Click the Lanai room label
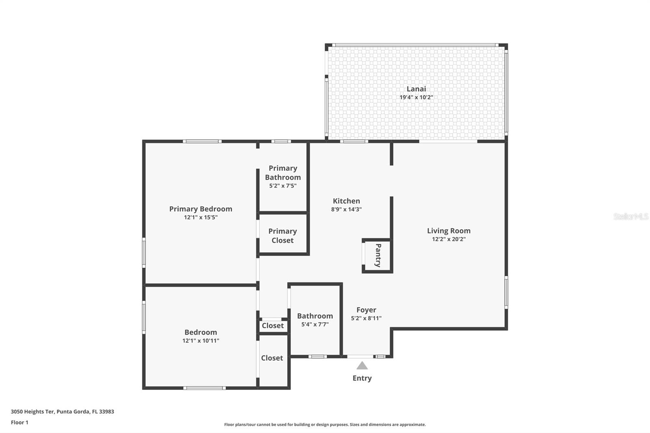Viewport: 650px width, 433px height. pyautogui.click(x=416, y=89)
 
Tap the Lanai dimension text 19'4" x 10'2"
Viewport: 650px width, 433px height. pyautogui.click(x=416, y=97)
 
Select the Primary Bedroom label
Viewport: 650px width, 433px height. pyautogui.click(x=201, y=209)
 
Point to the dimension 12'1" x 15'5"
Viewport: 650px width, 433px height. pyautogui.click(x=201, y=217)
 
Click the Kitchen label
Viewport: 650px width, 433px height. pyautogui.click(x=346, y=201)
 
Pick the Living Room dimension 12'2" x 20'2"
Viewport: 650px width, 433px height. pyautogui.click(x=448, y=239)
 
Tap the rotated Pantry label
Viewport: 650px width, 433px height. pyautogui.click(x=378, y=255)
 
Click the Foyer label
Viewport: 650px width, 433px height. pyautogui.click(x=366, y=310)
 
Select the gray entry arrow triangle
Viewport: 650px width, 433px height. pyautogui.click(x=362, y=366)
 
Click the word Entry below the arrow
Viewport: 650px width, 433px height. pyautogui.click(x=362, y=378)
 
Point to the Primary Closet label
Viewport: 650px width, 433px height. pyautogui.click(x=282, y=236)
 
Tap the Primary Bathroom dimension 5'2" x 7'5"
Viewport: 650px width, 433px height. pyautogui.click(x=283, y=186)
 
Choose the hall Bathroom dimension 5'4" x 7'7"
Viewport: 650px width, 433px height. pyautogui.click(x=315, y=324)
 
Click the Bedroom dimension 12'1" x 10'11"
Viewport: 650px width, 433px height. pyautogui.click(x=201, y=341)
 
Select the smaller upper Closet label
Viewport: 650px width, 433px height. pyautogui.click(x=273, y=326)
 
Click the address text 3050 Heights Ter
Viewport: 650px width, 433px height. pyautogui.click(x=32, y=411)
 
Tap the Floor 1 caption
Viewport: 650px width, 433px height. pyautogui.click(x=19, y=422)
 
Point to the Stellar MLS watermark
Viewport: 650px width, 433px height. pyautogui.click(x=631, y=216)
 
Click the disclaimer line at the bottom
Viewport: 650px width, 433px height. pyautogui.click(x=325, y=424)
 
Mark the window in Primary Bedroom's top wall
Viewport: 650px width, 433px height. pyautogui.click(x=202, y=141)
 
